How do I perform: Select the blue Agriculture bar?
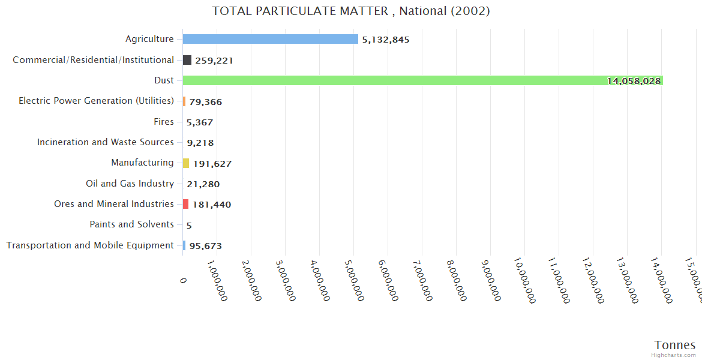pos(270,39)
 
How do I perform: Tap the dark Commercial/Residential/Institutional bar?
pos(187,60)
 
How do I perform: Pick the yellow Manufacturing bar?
pos(186,163)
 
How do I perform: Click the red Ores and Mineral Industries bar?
pos(186,204)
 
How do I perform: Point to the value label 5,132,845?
pos(386,40)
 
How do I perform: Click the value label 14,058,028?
pos(634,81)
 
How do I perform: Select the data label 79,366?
pos(206,102)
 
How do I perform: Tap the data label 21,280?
pos(203,184)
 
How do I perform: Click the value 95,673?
pos(206,246)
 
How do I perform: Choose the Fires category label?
pos(164,122)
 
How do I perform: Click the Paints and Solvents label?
pos(131,224)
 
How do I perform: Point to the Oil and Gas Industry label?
pos(130,184)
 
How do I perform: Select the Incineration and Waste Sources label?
pos(106,142)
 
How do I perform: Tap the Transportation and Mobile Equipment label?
pos(90,245)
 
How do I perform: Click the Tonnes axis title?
pos(675,345)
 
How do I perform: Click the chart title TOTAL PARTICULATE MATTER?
pos(351,11)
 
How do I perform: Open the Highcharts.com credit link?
pos(674,355)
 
